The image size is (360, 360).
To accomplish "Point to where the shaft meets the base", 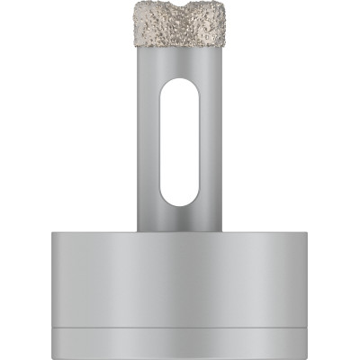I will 179,231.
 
